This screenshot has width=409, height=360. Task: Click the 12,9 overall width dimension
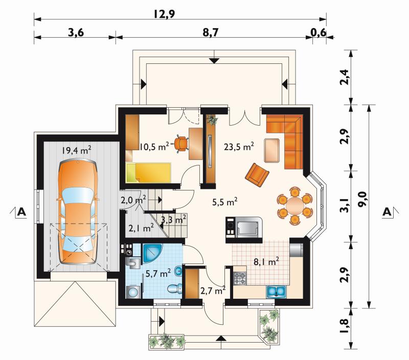click(164, 14)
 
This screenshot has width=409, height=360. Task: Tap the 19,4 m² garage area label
click(76, 150)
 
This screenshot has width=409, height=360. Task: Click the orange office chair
click(181, 143)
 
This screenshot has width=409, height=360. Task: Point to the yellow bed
click(148, 173)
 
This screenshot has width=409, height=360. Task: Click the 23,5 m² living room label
click(239, 147)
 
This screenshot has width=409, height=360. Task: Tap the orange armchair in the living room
click(257, 175)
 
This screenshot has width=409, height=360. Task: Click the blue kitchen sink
click(276, 292)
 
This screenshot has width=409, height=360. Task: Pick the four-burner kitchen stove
click(240, 278)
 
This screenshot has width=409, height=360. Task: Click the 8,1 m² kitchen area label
click(266, 261)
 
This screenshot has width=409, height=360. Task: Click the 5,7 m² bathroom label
click(158, 274)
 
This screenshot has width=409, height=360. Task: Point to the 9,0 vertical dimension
click(362, 199)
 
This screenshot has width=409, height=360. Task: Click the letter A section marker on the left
click(21, 212)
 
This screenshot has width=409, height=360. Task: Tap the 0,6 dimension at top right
click(319, 33)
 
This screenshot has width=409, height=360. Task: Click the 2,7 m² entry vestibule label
click(213, 290)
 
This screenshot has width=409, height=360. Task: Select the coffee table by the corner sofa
click(272, 151)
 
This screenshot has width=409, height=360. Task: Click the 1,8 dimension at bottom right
click(344, 326)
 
